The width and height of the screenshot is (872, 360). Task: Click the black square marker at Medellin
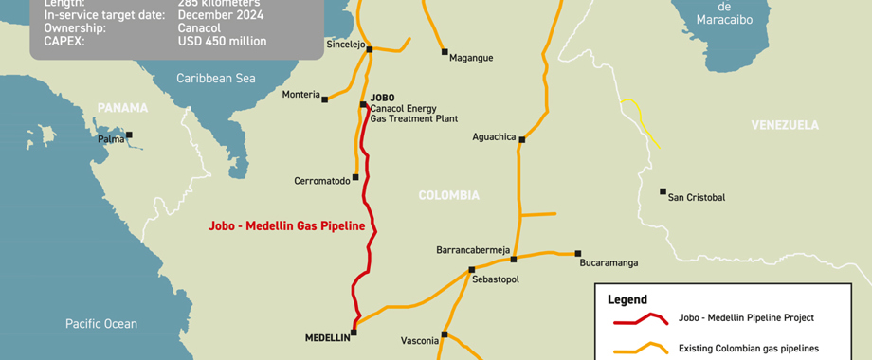(x=354, y=332)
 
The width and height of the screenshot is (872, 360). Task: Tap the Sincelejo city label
(x=345, y=45)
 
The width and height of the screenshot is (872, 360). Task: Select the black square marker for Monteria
(x=325, y=98)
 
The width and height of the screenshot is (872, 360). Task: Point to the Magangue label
(x=471, y=58)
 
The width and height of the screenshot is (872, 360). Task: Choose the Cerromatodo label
(x=321, y=181)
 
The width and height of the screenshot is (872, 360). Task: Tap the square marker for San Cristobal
(x=663, y=191)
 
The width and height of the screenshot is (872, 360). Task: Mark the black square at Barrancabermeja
(x=513, y=259)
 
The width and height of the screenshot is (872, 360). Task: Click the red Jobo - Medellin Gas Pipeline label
(x=286, y=226)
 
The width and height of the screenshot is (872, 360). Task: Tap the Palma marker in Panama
(x=129, y=135)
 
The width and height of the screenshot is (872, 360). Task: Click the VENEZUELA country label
(x=784, y=125)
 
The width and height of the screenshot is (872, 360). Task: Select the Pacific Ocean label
(x=101, y=324)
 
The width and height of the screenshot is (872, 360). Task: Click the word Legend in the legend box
(x=627, y=299)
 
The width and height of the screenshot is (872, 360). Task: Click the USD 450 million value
(x=222, y=42)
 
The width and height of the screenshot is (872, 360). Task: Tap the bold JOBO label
(x=382, y=98)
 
